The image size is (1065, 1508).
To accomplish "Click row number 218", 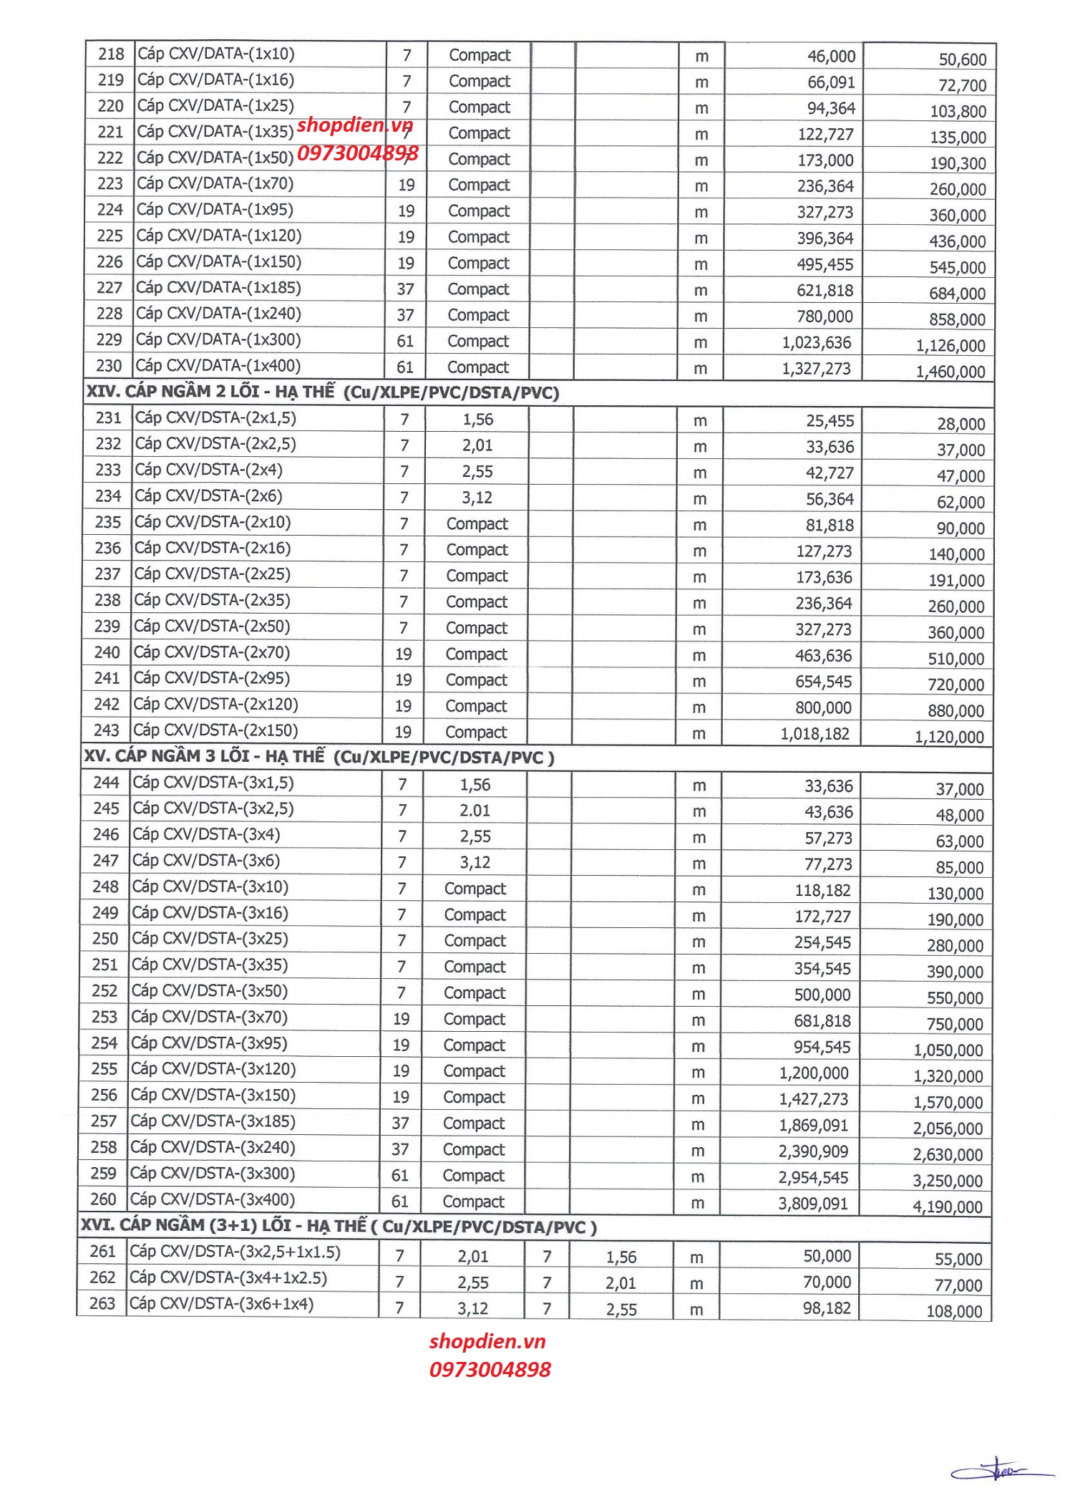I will [x=111, y=54].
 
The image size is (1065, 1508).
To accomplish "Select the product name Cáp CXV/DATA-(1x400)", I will [x=218, y=366].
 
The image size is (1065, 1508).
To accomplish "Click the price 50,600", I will [x=962, y=60].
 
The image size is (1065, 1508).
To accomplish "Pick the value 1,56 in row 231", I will [x=477, y=420].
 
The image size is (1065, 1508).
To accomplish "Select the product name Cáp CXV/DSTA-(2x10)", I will [x=213, y=522].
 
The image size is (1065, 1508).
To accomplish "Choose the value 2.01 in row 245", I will [x=475, y=811].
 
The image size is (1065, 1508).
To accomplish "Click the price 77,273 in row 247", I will [x=828, y=864].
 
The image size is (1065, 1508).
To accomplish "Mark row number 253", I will [x=104, y=1017].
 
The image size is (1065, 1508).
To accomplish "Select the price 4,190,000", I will [x=947, y=1207].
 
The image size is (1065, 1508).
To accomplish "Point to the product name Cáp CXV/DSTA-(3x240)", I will [x=213, y=1148].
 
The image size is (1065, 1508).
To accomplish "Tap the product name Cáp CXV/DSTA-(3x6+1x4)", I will [x=221, y=1304].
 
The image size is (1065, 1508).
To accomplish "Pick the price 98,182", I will [x=827, y=1309].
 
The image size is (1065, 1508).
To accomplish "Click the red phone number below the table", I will [x=490, y=1370].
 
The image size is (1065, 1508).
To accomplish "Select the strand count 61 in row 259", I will [x=400, y=1176].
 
